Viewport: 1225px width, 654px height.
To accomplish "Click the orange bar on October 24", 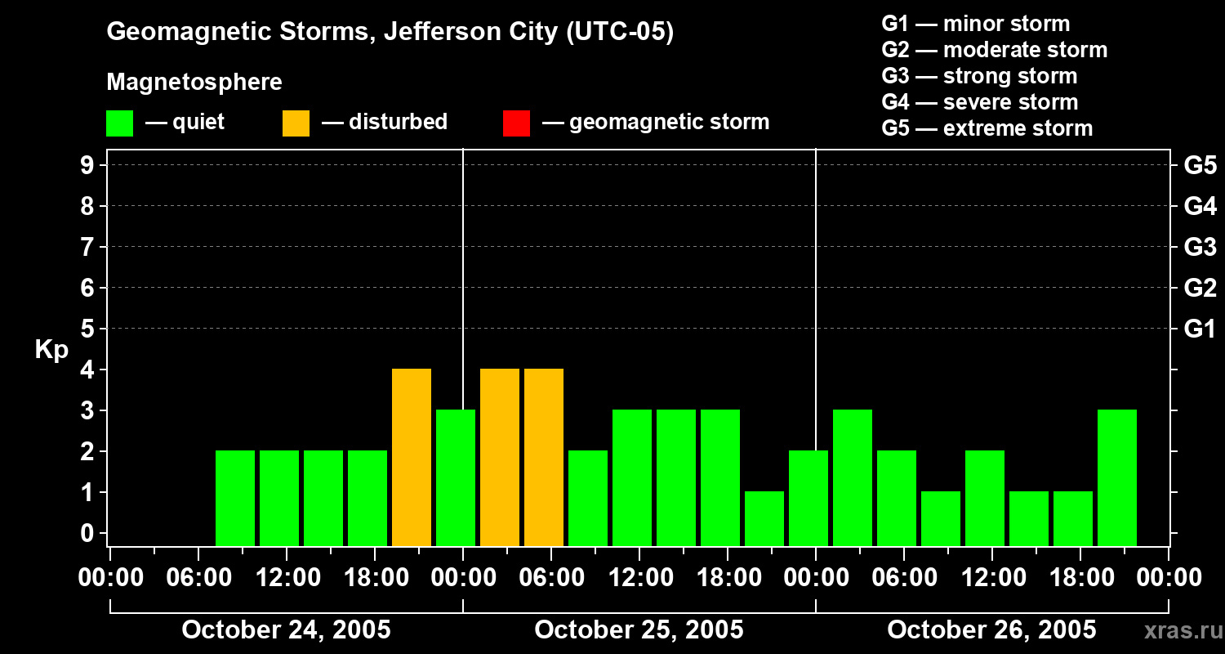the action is point(412,457).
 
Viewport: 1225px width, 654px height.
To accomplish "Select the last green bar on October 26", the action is point(1116,477).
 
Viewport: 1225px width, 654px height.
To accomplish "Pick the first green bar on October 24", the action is point(235,498).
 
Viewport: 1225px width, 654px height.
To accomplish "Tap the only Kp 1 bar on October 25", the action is point(764,518).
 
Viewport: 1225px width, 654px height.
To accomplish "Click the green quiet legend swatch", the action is point(120,123).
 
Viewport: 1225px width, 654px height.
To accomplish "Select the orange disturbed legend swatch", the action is point(296,123).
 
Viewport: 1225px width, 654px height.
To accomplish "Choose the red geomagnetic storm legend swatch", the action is point(516,123).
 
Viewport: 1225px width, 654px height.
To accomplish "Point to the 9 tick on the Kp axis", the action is point(87,165).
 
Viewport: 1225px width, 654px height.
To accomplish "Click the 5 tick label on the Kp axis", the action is point(87,329).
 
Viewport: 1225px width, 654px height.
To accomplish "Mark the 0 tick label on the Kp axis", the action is point(87,533).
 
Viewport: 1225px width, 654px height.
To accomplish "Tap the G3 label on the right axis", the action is point(1200,248).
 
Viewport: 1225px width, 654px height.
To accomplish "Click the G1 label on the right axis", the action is point(1200,329).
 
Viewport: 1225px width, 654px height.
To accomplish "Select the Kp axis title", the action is point(51,350).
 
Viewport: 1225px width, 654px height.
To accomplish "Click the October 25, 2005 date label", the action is point(639,630).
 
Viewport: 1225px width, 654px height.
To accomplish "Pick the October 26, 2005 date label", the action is point(991,630).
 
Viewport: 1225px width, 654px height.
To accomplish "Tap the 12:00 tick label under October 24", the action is point(287,577).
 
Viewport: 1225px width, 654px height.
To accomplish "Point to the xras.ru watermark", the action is point(1183,631).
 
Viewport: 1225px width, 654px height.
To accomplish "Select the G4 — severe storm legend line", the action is point(979,102).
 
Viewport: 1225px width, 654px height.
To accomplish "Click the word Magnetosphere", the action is point(194,82).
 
